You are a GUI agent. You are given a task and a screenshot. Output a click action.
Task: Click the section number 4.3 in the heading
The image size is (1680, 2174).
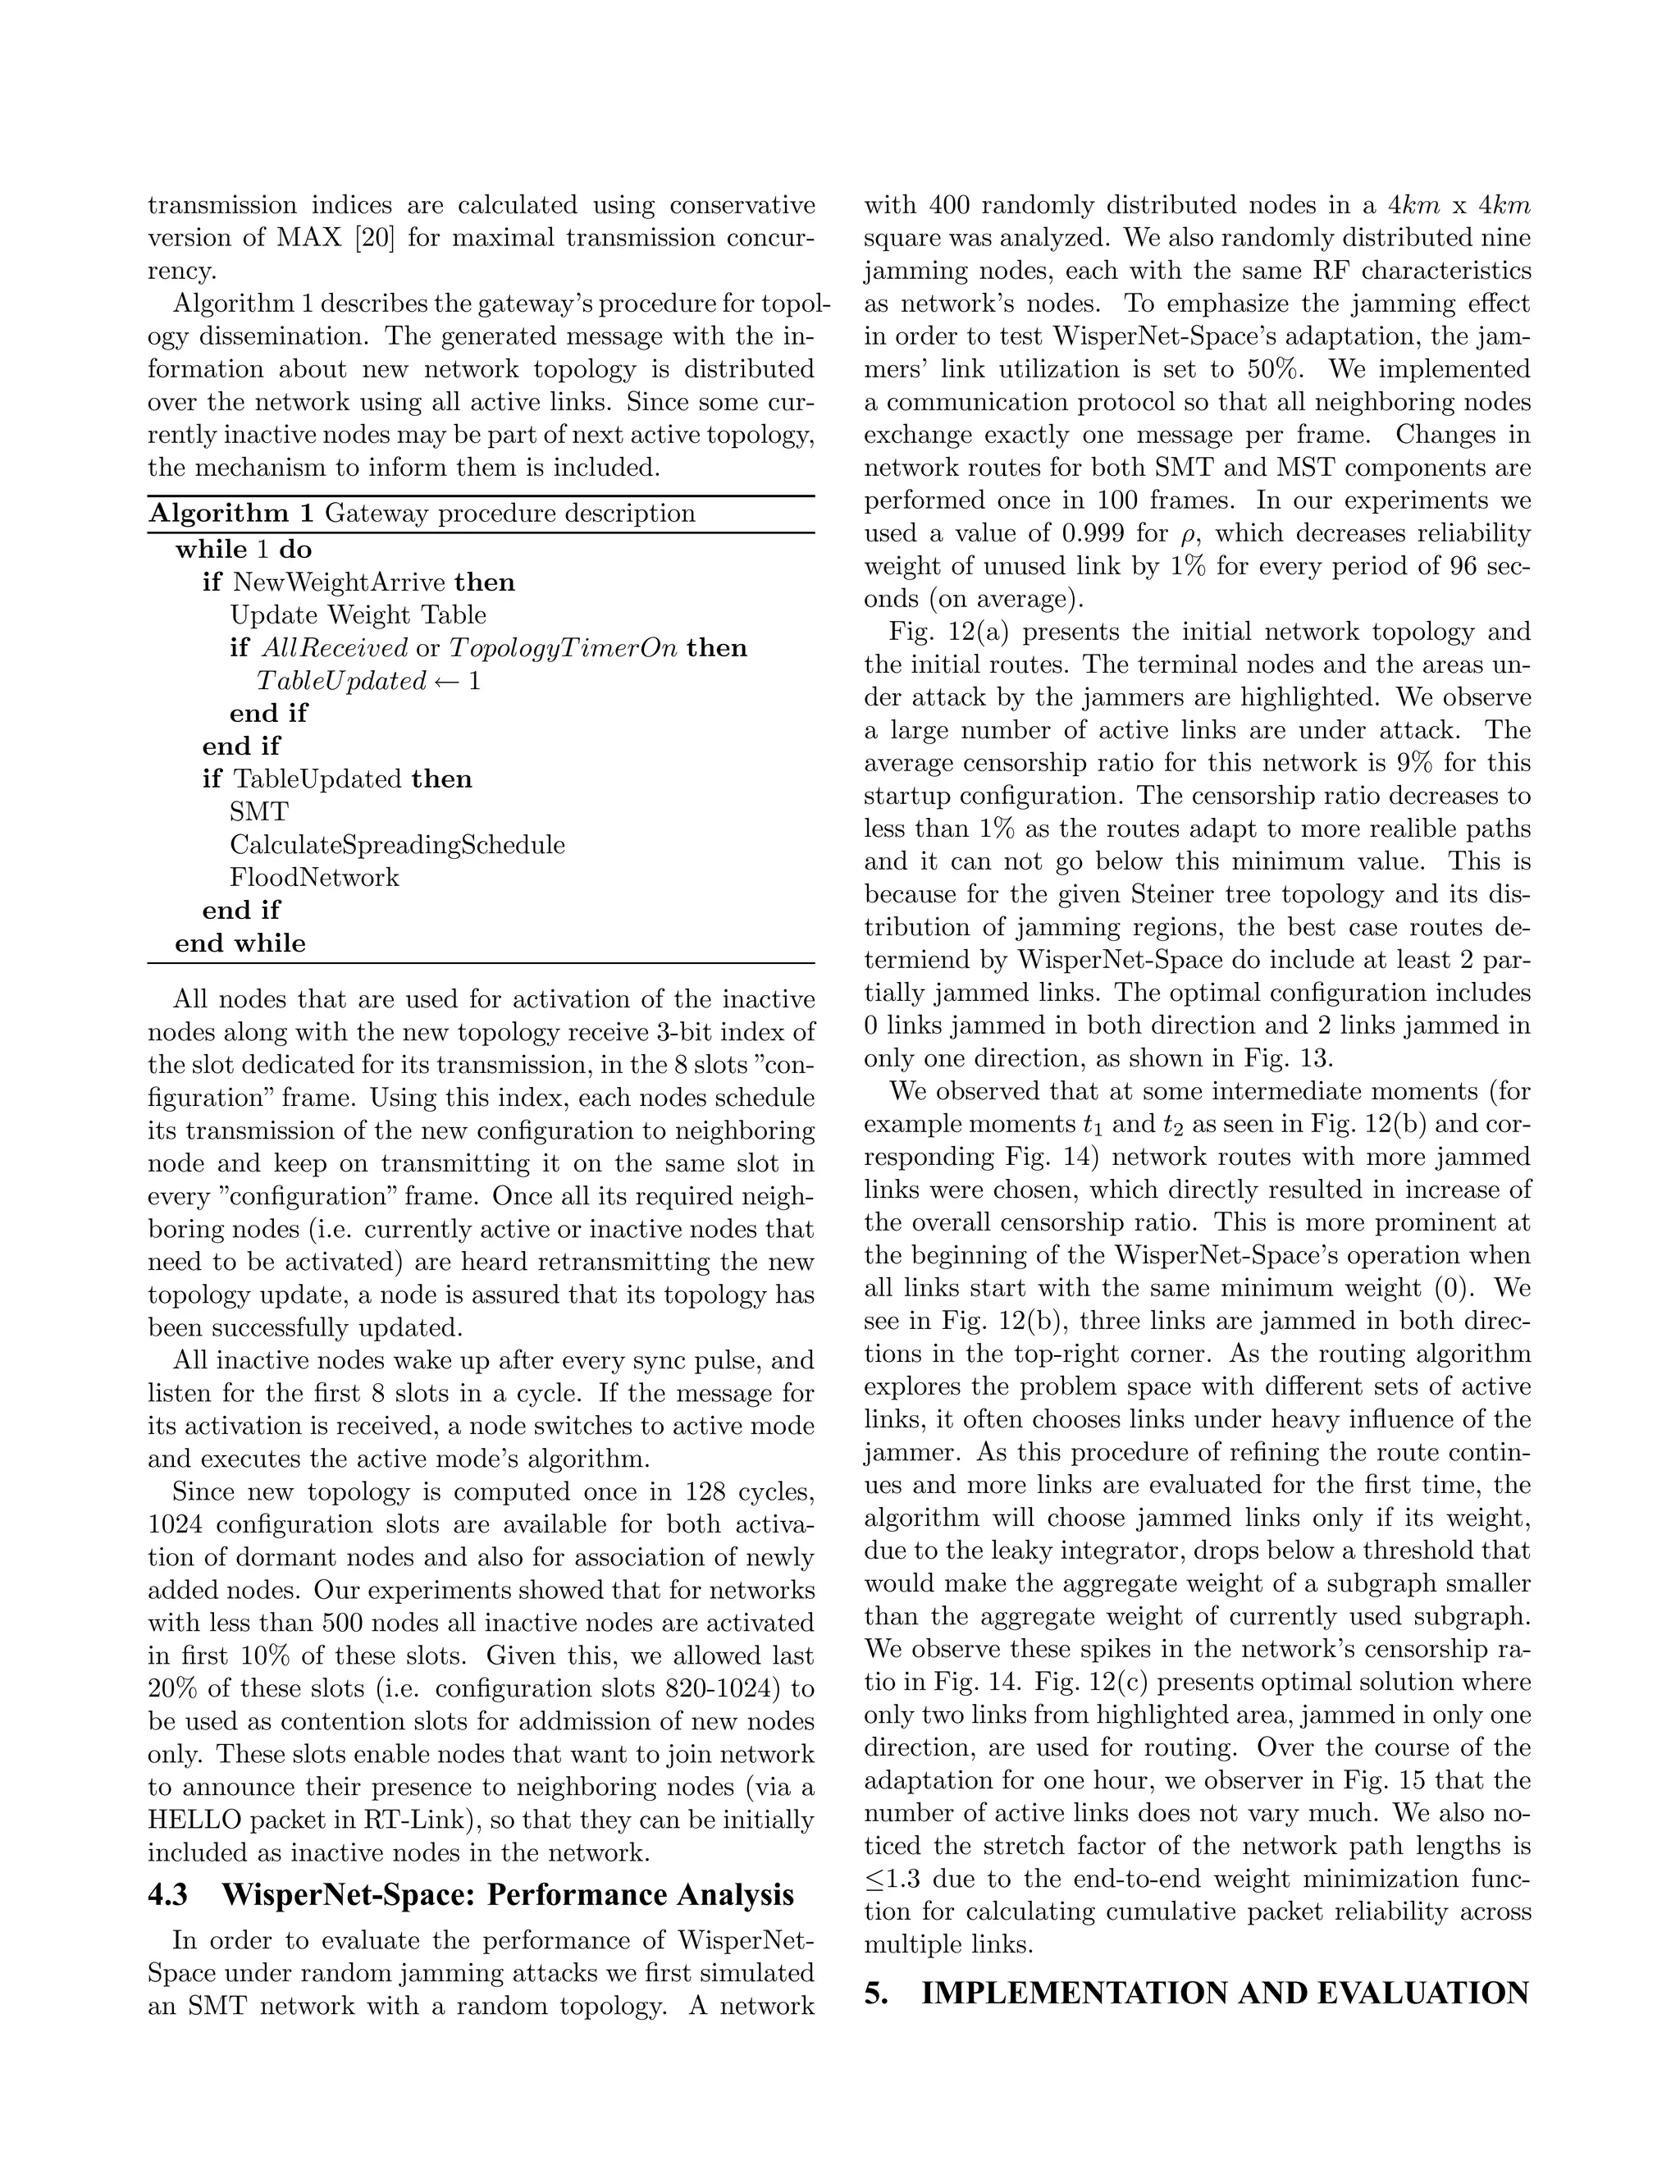(167, 1894)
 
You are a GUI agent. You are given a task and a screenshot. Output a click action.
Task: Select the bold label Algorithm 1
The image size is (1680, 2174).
(231, 514)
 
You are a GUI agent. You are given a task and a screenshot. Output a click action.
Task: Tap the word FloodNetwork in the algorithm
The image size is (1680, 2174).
(313, 877)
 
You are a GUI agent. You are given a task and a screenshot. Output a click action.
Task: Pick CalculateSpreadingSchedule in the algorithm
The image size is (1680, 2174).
(396, 844)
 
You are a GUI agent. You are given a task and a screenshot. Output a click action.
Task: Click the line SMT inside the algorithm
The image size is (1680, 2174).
(258, 811)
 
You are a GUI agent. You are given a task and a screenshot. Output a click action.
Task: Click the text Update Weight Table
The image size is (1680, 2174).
(358, 615)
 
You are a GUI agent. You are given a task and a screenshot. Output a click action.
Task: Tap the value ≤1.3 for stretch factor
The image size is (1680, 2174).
(894, 1879)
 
